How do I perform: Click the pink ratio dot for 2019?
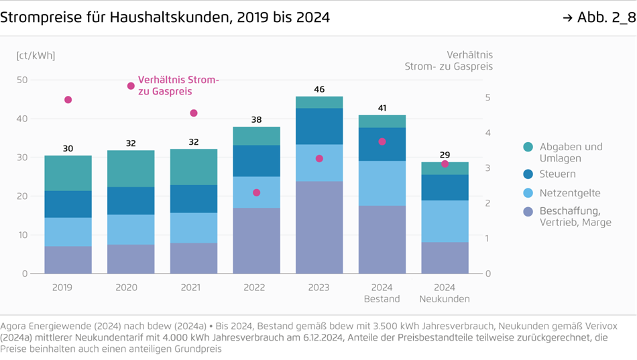[x=68, y=100]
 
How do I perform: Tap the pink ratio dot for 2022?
[x=256, y=192]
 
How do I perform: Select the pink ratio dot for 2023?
[x=319, y=159]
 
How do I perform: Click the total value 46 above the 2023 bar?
[x=319, y=90]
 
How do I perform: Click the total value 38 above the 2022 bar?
[x=256, y=120]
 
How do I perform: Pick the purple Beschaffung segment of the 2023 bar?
[x=319, y=227]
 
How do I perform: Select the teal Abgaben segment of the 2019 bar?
[x=68, y=173]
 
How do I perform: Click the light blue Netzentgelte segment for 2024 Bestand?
[x=382, y=183]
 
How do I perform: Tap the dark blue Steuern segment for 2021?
[x=194, y=199]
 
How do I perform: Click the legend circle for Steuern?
[x=528, y=174]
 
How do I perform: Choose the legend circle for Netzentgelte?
[x=528, y=193]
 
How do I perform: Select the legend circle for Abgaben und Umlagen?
[x=528, y=147]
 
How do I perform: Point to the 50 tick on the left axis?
[x=22, y=80]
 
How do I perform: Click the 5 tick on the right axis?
[x=488, y=98]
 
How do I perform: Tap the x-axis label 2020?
[x=126, y=288]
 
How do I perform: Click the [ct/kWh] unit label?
[x=36, y=56]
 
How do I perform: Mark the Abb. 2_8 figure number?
[x=599, y=18]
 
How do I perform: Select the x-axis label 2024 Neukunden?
[x=445, y=293]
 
